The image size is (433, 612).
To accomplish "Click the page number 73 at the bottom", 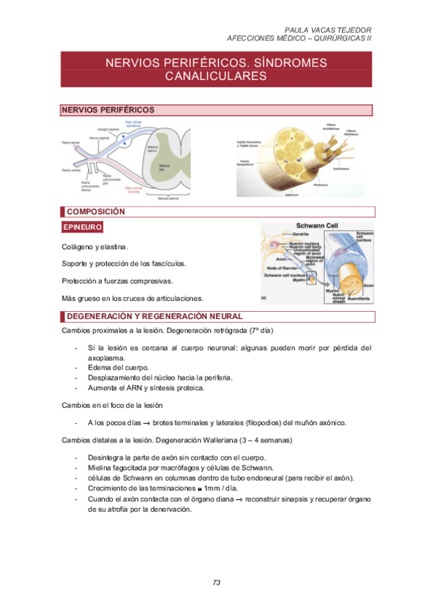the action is pyautogui.click(x=216, y=583).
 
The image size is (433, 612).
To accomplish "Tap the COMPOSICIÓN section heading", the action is pyautogui.click(x=95, y=212).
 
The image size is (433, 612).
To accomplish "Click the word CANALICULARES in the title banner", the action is pyautogui.click(x=216, y=76).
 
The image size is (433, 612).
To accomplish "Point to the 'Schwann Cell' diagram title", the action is pyautogui.click(x=317, y=226).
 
